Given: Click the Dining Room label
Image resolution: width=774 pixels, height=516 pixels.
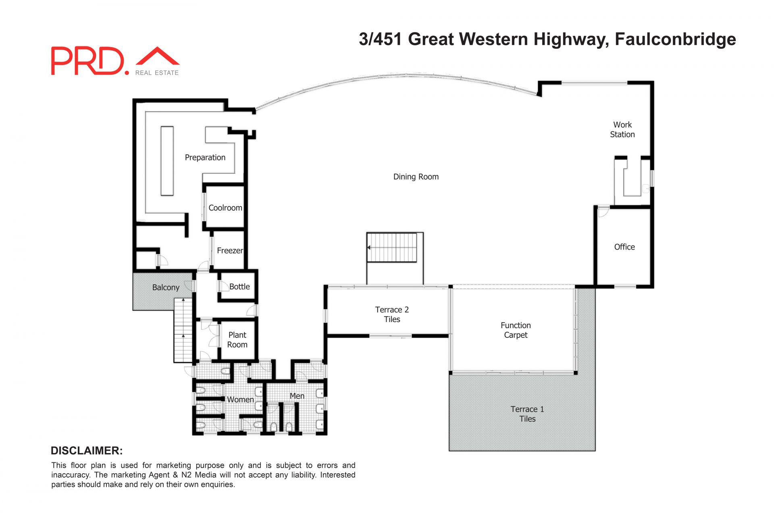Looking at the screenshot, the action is (416, 177).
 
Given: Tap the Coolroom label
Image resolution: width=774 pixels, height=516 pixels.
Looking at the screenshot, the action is (225, 208).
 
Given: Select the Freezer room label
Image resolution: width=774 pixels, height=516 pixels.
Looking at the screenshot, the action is (230, 250).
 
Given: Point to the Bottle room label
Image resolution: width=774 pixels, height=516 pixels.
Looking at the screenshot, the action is (239, 287).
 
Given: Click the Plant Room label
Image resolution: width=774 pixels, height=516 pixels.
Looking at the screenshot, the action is (237, 340).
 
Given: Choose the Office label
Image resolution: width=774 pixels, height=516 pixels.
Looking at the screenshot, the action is (624, 247).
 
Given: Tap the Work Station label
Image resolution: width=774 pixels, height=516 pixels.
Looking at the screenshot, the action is (622, 129).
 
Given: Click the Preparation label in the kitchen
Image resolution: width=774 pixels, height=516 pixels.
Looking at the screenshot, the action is (205, 158).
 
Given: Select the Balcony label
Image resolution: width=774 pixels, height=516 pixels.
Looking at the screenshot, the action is (166, 287).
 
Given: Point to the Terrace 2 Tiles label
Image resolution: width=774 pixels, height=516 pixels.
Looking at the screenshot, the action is (392, 314).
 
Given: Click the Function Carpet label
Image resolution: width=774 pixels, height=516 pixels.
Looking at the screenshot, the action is (516, 330).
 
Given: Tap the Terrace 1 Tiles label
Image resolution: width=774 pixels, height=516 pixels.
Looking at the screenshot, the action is (527, 414).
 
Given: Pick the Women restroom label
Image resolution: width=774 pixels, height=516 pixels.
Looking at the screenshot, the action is (240, 399).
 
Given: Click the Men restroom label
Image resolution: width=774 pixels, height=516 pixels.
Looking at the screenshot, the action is (297, 396).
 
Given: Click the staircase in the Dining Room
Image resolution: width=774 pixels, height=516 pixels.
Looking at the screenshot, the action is (392, 248).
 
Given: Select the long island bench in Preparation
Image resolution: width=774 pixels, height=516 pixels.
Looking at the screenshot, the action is (167, 161).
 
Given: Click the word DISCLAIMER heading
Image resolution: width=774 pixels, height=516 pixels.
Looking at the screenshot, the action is (87, 451).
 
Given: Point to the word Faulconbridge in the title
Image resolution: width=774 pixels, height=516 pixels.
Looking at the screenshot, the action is (675, 39).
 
